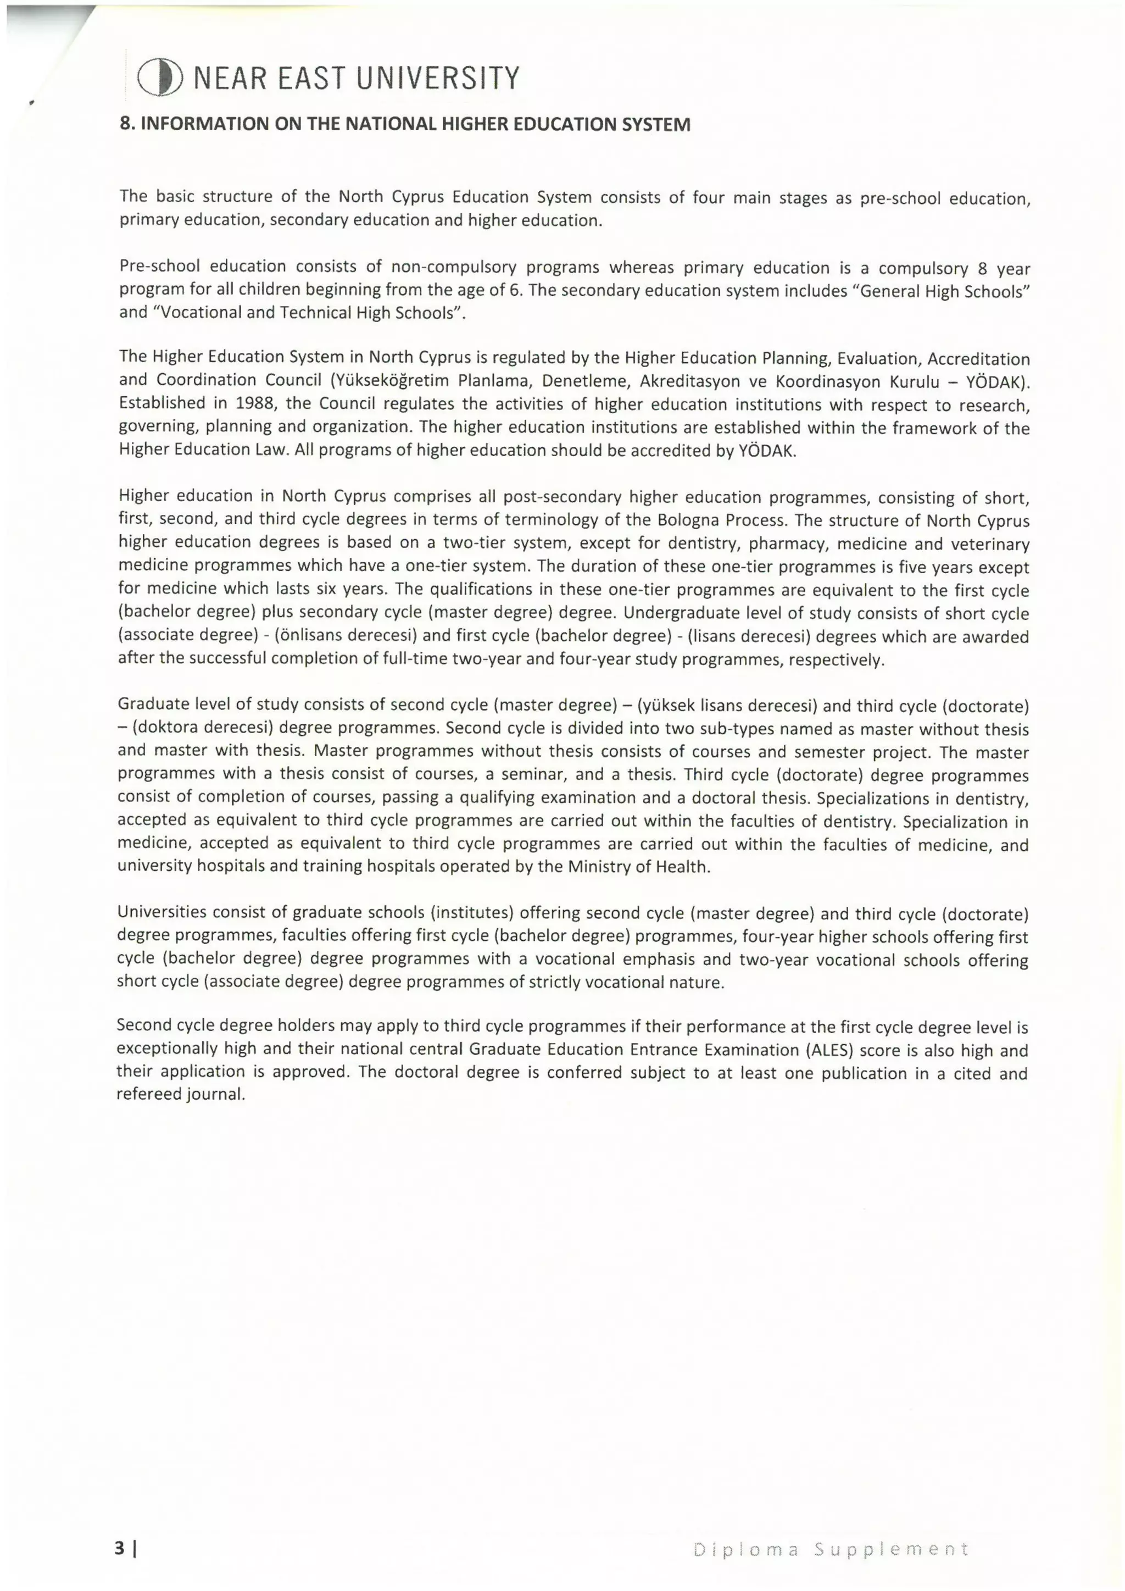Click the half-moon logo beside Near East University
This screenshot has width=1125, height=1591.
pos(160,77)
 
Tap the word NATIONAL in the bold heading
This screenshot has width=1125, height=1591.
pos(389,124)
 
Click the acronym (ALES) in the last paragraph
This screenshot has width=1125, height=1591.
pos(828,1050)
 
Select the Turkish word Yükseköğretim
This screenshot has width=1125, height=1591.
pos(390,380)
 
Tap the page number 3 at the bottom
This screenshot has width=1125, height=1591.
pos(120,1548)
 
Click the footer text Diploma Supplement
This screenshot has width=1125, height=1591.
pos(831,1549)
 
